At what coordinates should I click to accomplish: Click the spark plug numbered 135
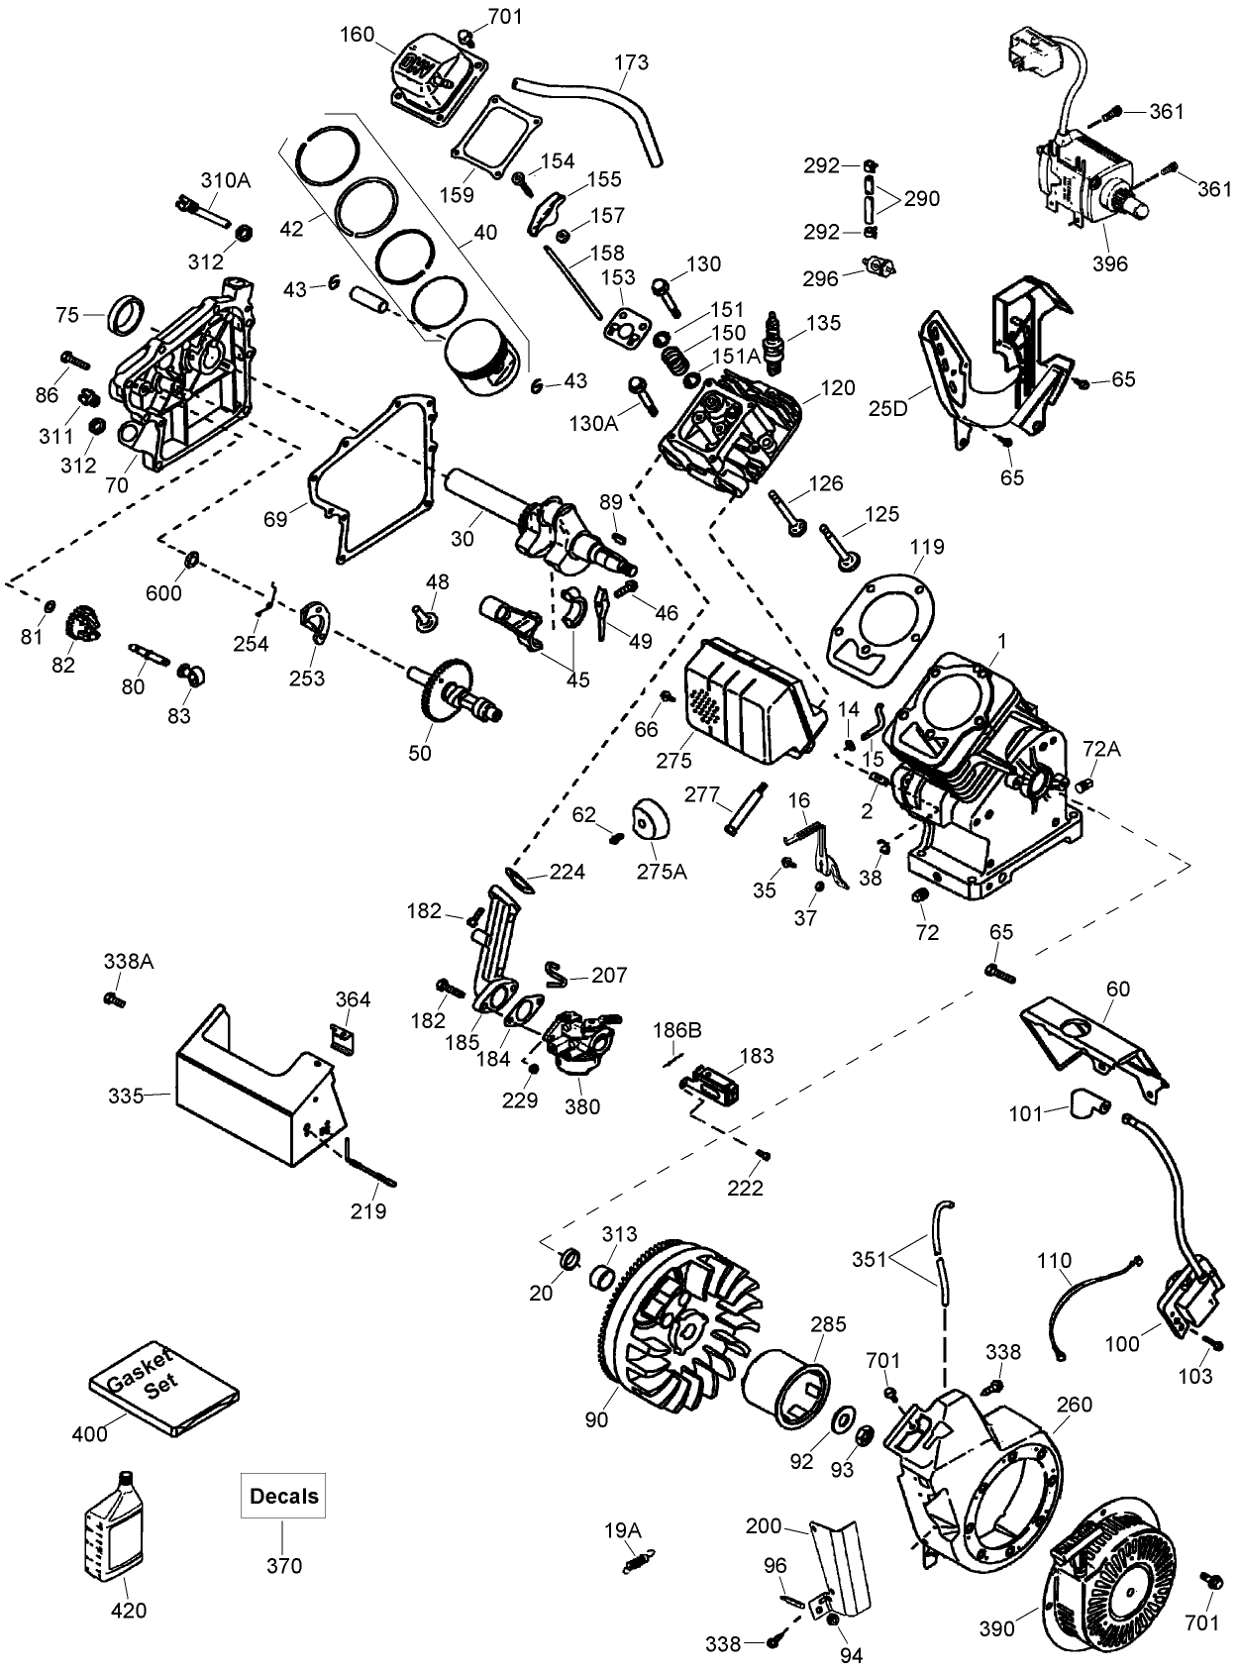(777, 344)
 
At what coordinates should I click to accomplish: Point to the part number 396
(1110, 264)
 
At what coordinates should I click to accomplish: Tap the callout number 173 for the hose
(631, 62)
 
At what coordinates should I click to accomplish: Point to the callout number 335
(126, 1096)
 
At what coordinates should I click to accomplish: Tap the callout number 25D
(886, 407)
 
